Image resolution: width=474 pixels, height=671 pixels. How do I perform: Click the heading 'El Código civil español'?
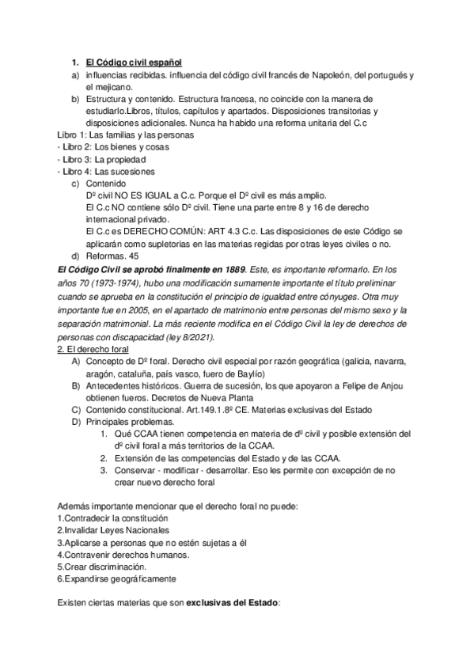coord(133,62)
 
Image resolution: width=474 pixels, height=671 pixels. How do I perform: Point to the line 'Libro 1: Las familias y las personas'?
coord(125,135)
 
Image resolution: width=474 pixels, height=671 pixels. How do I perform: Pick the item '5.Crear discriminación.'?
coord(102,567)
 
